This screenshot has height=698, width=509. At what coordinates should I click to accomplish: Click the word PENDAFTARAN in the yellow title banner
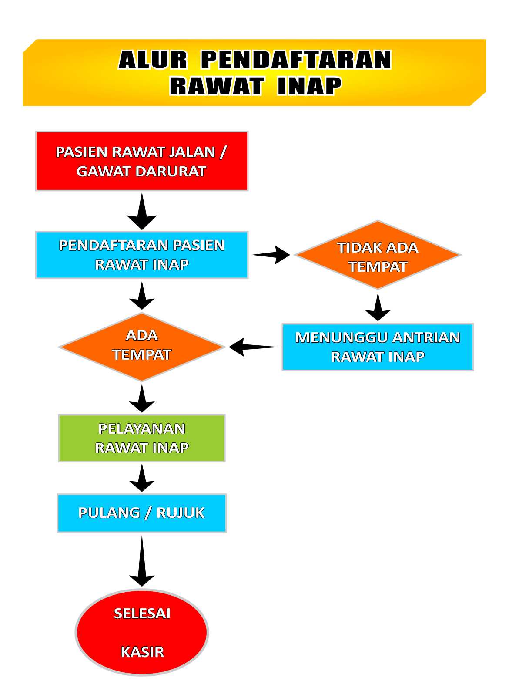[x=296, y=59]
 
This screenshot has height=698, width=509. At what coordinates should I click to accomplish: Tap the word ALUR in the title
[x=153, y=59]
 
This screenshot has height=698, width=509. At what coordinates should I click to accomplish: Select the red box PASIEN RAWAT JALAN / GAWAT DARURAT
[x=142, y=161]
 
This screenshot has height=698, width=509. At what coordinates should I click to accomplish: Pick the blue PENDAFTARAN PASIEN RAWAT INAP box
[x=142, y=255]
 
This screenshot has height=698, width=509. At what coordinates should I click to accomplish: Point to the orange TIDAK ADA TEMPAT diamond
[x=378, y=255]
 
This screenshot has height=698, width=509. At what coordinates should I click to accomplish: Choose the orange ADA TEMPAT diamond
[x=142, y=347]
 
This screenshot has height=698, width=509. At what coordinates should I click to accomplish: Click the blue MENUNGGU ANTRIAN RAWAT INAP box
[x=378, y=347]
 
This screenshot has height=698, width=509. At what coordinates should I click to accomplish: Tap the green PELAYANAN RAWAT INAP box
[x=142, y=438]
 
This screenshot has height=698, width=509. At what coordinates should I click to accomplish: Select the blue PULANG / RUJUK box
[x=142, y=513]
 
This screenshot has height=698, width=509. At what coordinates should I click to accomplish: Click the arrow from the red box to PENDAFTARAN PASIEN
[x=142, y=211]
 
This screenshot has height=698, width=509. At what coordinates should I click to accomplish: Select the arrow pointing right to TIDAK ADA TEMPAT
[x=271, y=255]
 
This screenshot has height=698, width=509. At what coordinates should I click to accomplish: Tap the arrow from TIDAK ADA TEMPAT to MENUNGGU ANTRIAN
[x=378, y=307]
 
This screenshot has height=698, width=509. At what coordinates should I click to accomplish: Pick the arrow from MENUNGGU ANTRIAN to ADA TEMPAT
[x=254, y=347]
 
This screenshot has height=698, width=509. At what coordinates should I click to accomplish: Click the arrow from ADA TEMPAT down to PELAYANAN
[x=142, y=398]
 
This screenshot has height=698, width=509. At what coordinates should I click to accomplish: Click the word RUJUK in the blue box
[x=180, y=513]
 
